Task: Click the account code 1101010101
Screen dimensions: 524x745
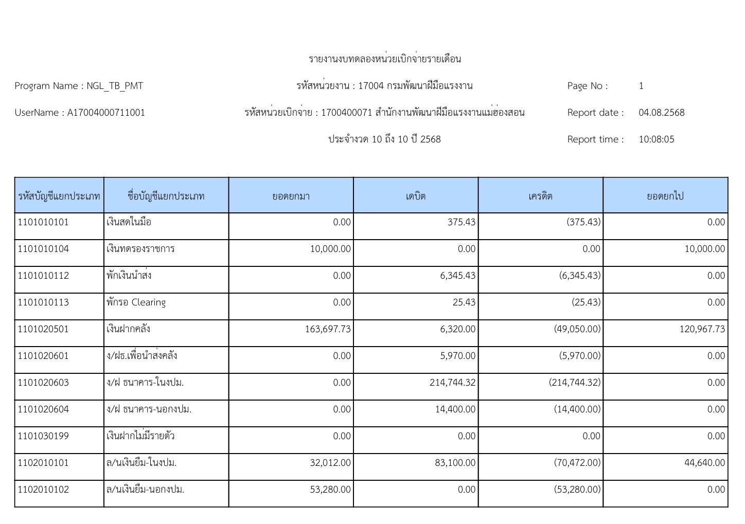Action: (43, 222)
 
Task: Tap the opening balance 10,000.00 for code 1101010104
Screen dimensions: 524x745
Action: (330, 249)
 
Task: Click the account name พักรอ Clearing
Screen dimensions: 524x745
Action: (136, 302)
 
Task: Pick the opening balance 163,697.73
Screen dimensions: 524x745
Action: (328, 329)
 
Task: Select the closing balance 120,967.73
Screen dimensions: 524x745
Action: (702, 329)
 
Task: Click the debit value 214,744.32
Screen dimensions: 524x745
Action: (452, 383)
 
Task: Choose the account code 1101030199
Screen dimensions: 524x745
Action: (43, 436)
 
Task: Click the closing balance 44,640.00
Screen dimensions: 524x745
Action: (704, 463)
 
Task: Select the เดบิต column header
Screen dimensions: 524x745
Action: (416, 196)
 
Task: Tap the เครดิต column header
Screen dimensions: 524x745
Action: (540, 196)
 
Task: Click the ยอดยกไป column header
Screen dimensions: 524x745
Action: (665, 196)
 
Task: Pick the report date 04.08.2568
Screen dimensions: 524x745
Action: (661, 113)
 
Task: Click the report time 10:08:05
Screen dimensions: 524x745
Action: (656, 139)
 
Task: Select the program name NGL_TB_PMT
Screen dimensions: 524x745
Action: (115, 86)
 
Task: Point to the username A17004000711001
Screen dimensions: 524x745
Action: (106, 113)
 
